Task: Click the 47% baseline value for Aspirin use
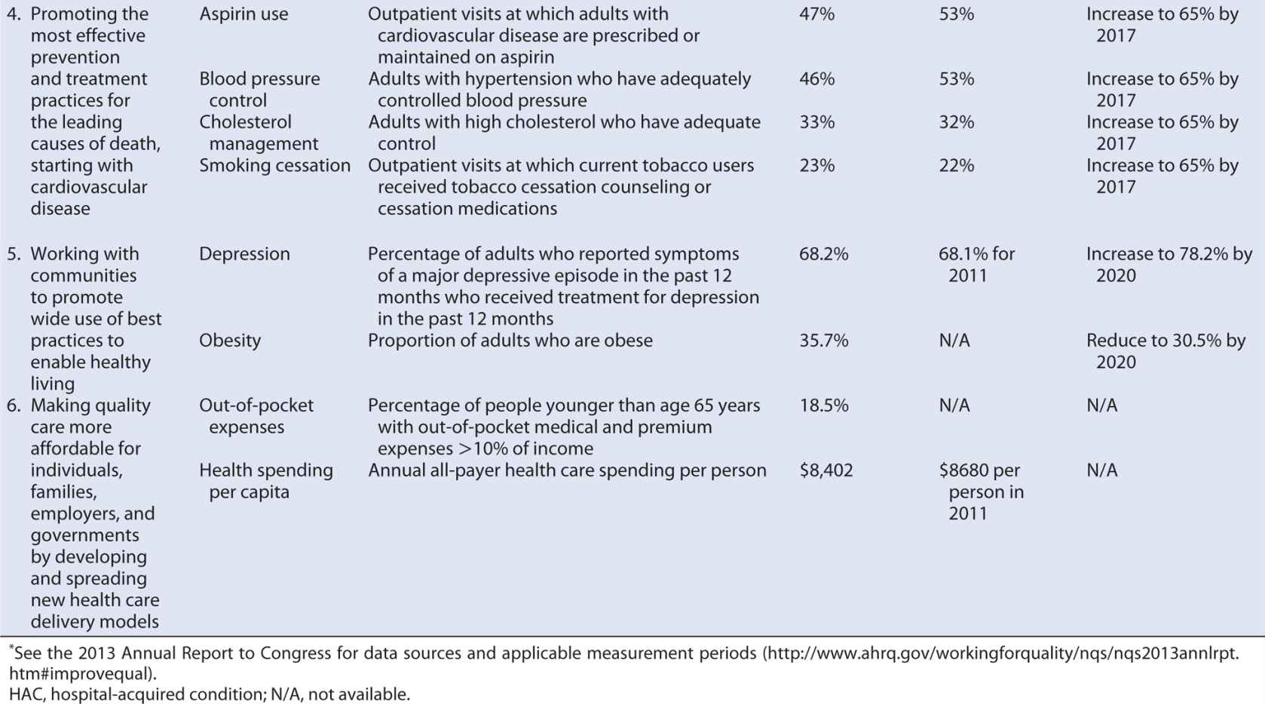[816, 14]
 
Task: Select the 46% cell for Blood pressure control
[816, 79]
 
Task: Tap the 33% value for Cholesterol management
[816, 122]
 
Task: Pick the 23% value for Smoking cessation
[816, 166]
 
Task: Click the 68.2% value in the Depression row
[823, 254]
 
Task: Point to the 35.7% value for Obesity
[823, 341]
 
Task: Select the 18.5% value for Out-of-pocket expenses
[823, 406]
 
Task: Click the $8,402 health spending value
[826, 470]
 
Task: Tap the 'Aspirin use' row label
[244, 14]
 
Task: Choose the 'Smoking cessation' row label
[274, 166]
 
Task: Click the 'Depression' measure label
[244, 254]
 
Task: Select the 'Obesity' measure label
[230, 341]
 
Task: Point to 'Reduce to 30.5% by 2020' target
[1165, 351]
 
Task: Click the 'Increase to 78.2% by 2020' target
[1169, 265]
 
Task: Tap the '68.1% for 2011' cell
[976, 265]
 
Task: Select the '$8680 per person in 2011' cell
[981, 491]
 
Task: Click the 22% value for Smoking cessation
[956, 166]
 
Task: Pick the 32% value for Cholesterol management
[956, 122]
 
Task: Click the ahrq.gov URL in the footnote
[1003, 653]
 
